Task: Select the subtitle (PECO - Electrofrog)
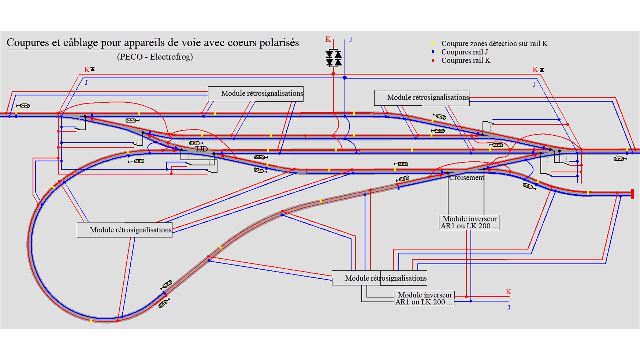coord(155,57)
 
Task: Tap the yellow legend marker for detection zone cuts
coord(433,44)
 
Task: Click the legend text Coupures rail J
coord(465,52)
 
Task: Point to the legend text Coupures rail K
coord(466,61)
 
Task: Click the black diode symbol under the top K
coord(334,58)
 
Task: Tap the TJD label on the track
coord(201,149)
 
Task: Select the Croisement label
coord(466,178)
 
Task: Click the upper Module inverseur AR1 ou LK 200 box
coord(469,222)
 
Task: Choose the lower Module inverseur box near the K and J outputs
coord(424,298)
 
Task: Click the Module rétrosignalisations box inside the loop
coord(125,230)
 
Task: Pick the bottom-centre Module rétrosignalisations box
coord(380,278)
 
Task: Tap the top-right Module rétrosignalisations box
coord(422,98)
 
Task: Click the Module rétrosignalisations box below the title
coord(256,94)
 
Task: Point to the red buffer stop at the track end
coord(632,194)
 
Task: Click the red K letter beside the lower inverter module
coord(508,292)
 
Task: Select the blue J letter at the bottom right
coord(509,307)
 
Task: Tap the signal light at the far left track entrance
coord(23,106)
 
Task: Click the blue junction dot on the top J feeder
coord(345,78)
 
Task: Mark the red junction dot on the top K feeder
coord(333,74)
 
